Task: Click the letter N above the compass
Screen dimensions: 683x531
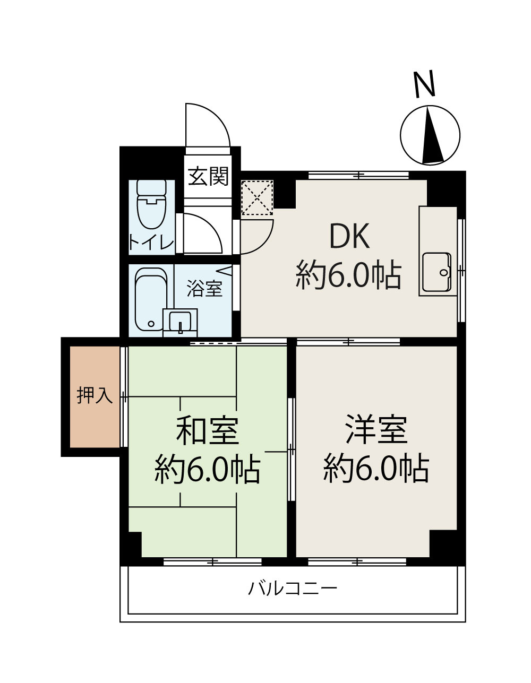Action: tap(424, 85)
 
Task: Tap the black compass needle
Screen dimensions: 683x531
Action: tap(431, 137)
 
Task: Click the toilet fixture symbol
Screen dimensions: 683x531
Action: tap(152, 205)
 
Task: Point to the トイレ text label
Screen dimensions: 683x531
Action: tap(151, 243)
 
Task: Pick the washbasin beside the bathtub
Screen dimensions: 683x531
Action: tap(180, 322)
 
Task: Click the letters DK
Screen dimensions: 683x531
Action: tap(349, 237)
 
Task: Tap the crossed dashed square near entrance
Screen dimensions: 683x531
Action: tap(257, 198)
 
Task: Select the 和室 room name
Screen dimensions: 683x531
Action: tap(208, 431)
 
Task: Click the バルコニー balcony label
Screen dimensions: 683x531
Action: tap(293, 589)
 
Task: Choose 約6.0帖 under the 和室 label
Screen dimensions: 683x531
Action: tap(208, 469)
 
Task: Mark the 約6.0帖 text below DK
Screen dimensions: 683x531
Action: tap(348, 274)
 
